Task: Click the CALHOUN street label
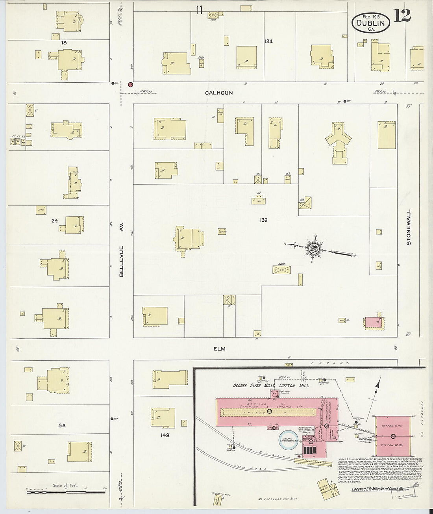click(x=218, y=93)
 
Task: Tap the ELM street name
click(x=220, y=349)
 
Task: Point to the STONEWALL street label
click(x=409, y=227)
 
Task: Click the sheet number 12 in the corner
click(x=402, y=16)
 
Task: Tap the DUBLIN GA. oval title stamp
click(x=370, y=22)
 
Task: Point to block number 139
click(x=263, y=220)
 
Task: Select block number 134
click(x=269, y=41)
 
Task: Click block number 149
click(x=165, y=435)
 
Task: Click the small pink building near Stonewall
click(x=373, y=322)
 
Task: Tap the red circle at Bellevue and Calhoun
click(x=130, y=84)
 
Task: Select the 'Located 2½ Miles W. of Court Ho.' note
click(x=377, y=490)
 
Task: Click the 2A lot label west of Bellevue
click(x=54, y=221)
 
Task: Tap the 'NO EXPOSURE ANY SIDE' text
click(x=277, y=499)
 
